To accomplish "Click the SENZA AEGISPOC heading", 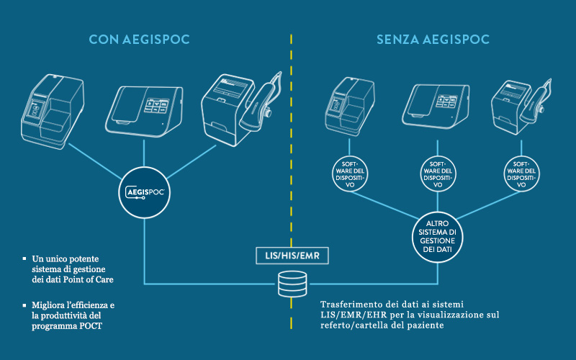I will [432, 40].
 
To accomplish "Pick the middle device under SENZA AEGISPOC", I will [438, 105].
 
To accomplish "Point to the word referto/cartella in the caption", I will [356, 325].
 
